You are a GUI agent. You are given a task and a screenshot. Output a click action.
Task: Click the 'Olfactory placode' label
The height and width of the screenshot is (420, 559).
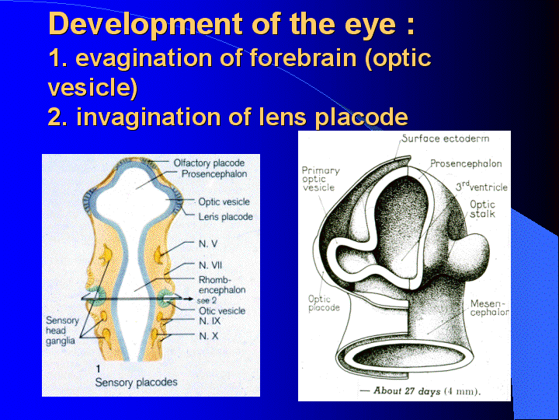[209, 163]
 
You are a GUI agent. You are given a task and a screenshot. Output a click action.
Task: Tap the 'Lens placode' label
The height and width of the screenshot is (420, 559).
[225, 216]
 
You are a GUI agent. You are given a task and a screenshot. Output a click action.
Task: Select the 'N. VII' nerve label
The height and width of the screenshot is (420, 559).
[210, 265]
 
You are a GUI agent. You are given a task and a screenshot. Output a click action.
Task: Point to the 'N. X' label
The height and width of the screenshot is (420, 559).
[208, 336]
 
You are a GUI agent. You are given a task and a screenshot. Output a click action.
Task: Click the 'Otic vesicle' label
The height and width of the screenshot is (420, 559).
[222, 310]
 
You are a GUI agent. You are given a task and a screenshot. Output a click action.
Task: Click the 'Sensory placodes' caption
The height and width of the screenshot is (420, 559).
[136, 382]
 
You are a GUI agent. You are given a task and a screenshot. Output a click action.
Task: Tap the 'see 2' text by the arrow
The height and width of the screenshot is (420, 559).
[207, 300]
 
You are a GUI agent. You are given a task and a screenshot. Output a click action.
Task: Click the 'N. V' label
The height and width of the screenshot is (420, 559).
[208, 244]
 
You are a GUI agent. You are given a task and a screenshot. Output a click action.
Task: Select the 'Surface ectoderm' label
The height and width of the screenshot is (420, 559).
[446, 138]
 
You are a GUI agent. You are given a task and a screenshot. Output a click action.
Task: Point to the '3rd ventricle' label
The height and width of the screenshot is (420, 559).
[481, 187]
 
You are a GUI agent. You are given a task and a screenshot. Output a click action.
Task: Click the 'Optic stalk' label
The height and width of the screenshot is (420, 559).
[482, 209]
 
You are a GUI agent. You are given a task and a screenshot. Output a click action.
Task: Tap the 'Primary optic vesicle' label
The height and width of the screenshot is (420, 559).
[320, 179]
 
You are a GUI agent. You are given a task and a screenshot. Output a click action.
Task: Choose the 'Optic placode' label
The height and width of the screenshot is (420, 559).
[324, 303]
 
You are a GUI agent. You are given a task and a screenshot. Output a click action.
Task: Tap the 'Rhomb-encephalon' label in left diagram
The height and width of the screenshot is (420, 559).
[222, 285]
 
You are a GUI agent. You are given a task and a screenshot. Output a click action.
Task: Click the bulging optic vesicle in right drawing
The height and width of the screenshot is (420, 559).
[470, 252]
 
